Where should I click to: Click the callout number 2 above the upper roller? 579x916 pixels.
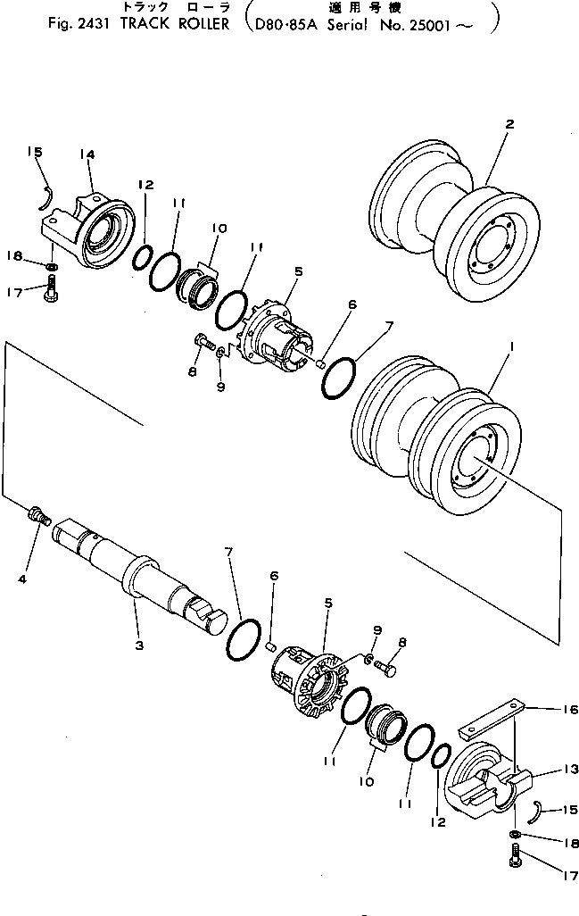[x=509, y=125]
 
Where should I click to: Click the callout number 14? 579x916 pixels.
[x=87, y=154]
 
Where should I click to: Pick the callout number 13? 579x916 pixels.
[x=570, y=769]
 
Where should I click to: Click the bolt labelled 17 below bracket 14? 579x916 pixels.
[x=53, y=287]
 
